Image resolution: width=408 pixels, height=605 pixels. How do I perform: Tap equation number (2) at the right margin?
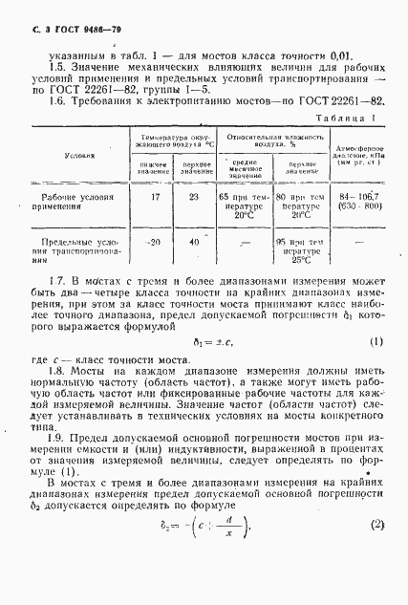pyautogui.click(x=377, y=550)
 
